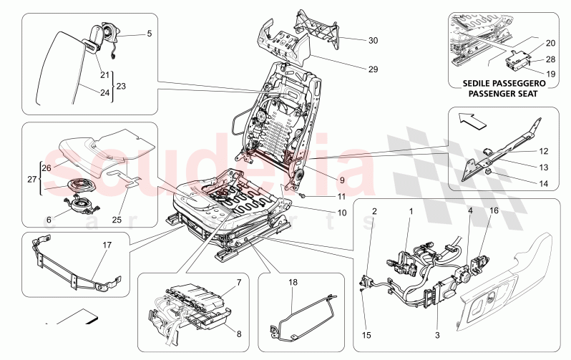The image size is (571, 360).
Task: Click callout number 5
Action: coord(150,34)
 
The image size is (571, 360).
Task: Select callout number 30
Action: coord(373,41)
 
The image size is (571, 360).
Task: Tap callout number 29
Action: coord(373,70)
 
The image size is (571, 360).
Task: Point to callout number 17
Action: coord(108,245)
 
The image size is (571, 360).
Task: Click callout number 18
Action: coord(293,283)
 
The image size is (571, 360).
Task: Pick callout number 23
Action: coord(121,85)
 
